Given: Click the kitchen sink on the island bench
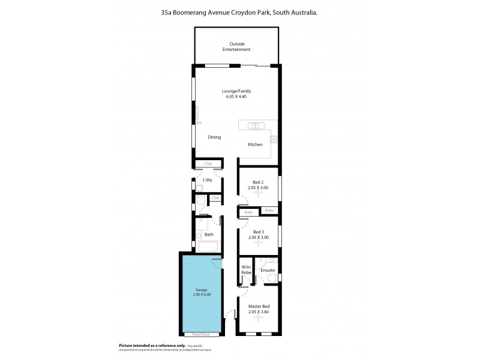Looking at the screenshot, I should [x=256, y=125].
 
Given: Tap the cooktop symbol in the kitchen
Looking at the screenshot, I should [x=274, y=139].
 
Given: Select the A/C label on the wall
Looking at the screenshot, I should [x=199, y=122].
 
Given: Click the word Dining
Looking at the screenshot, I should [x=214, y=137].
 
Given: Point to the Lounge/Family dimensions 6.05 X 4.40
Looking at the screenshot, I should [x=236, y=97].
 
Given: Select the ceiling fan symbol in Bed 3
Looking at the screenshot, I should [x=259, y=245].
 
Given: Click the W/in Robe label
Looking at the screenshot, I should [x=246, y=270].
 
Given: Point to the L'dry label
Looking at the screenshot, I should [x=208, y=180].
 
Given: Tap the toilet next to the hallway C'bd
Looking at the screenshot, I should [x=201, y=205].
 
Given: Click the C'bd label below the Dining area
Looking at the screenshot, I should [x=208, y=164].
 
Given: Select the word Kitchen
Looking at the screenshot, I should [x=255, y=145].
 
